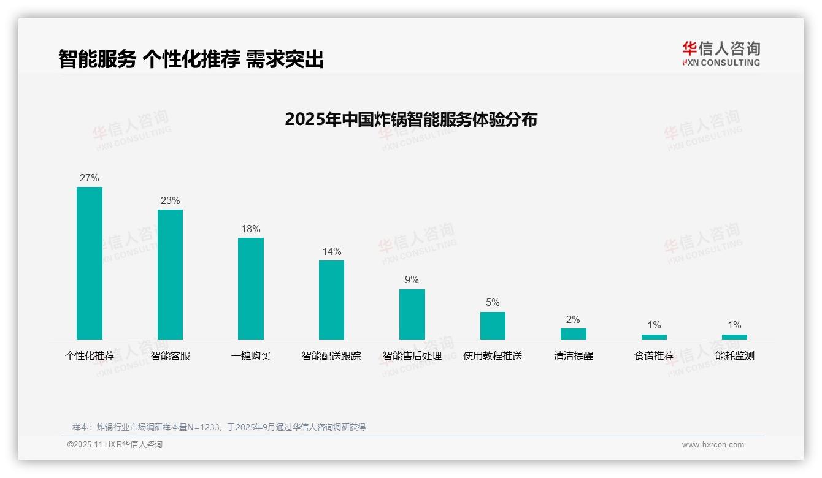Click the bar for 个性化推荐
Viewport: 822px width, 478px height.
90,263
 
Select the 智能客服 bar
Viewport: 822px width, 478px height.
170,274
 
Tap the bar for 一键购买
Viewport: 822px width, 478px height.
251,288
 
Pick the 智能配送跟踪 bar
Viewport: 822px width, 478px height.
331,300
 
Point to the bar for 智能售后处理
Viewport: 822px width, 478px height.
412,314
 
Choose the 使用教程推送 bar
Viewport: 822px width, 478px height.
493,325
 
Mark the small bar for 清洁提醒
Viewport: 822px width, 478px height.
574,334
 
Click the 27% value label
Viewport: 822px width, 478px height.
90,178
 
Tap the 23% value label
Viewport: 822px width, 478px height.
170,201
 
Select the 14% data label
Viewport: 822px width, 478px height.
331,252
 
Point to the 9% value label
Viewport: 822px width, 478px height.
412,280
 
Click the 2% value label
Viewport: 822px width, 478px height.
574,320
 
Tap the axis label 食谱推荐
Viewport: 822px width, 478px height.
654,356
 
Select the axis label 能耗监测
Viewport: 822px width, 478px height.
734,356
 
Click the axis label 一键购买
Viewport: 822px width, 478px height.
251,356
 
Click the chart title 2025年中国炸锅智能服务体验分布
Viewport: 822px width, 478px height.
411,120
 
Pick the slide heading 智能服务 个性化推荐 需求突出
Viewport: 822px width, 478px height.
191,59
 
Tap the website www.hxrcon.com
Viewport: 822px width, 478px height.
713,445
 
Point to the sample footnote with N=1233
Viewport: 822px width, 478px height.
219,427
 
